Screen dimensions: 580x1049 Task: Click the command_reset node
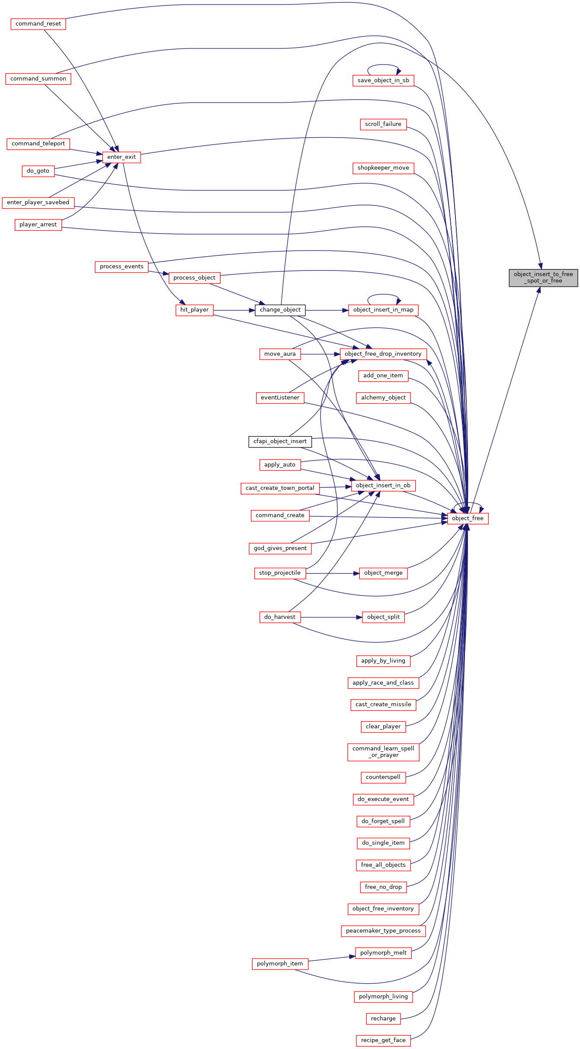tap(38, 24)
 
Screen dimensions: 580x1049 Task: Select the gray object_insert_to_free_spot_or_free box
tap(543, 277)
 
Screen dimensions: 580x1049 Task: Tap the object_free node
tap(468, 518)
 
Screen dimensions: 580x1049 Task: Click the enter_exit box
tap(122, 157)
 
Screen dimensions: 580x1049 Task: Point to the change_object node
tap(280, 310)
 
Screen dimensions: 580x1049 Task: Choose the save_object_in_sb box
tap(383, 80)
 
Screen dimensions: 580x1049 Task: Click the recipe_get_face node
tap(383, 1040)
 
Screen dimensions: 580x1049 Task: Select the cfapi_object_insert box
tap(280, 441)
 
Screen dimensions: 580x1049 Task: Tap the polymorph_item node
tap(280, 963)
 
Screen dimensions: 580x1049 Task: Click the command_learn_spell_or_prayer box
tap(383, 752)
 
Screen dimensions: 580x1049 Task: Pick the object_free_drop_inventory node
tap(383, 354)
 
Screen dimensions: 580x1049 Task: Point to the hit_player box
tap(195, 310)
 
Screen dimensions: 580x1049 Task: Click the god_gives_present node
tap(280, 548)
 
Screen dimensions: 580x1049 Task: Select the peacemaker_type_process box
tap(383, 930)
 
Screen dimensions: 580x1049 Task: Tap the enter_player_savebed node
tap(38, 203)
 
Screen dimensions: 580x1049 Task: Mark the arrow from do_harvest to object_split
tap(331, 617)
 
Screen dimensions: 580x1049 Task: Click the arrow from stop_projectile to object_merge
tap(333, 573)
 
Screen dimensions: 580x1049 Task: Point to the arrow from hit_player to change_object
tap(234, 310)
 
